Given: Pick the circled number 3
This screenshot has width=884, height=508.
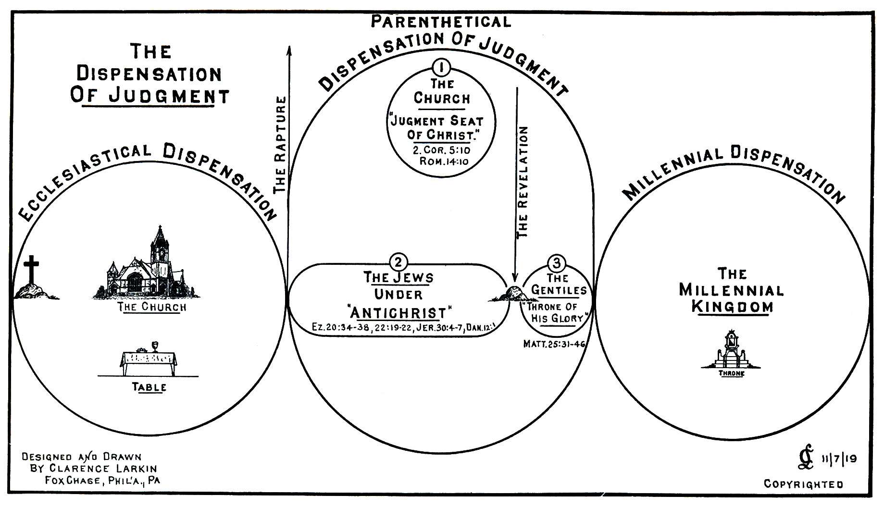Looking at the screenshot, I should point(557,263).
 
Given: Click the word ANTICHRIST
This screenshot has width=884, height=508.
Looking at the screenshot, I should point(398,313).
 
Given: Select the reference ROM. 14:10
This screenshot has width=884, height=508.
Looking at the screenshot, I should point(443,161).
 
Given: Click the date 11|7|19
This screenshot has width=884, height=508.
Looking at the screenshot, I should point(839,459).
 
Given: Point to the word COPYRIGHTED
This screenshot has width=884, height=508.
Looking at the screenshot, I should point(803,484).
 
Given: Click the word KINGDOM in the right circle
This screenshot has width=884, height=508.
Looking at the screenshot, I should point(732,307).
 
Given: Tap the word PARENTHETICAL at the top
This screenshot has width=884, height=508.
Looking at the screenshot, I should point(441,21).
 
